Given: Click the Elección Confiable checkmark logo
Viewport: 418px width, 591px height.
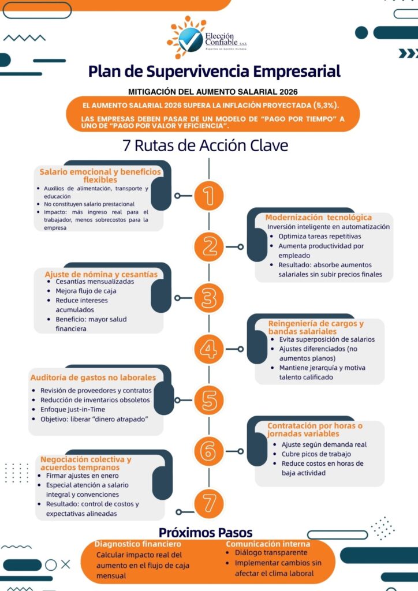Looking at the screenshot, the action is click(191, 40).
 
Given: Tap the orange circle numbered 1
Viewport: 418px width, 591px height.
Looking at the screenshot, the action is click(209, 196).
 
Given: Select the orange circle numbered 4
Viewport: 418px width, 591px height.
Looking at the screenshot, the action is click(209, 349).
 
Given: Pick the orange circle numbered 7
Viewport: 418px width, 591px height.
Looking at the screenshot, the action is click(209, 503).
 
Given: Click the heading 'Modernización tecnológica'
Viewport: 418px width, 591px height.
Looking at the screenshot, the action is click(319, 217).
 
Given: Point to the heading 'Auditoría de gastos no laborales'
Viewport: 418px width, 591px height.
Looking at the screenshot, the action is click(93, 377).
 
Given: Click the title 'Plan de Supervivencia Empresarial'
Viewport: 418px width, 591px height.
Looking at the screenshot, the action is click(214, 71).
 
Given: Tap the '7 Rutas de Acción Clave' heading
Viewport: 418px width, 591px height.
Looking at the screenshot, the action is click(206, 145).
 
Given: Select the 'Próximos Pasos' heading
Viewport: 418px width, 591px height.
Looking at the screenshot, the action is click(206, 533).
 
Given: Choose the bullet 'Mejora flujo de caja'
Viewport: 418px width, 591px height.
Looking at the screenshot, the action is click(86, 291).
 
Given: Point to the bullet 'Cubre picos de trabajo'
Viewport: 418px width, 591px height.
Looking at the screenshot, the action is click(316, 454).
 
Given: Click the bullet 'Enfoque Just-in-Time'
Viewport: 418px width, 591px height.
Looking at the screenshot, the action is click(73, 409).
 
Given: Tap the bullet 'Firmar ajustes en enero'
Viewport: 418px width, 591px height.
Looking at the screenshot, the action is click(82, 476).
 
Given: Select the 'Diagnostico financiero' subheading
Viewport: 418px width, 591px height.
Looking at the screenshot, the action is click(137, 544).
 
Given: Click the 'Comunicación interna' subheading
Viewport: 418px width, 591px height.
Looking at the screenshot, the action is click(268, 544).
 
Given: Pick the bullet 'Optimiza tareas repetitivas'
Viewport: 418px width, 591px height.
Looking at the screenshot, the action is click(320, 236).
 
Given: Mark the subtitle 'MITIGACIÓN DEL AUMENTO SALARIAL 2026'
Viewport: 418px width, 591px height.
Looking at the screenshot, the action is click(213, 92).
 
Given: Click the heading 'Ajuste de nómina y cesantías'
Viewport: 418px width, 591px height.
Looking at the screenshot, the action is click(101, 274).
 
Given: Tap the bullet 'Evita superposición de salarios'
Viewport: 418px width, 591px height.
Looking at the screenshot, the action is click(327, 339).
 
